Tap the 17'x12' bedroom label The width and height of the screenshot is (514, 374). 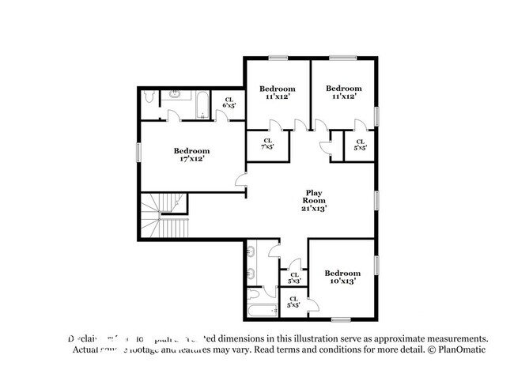click(191, 155)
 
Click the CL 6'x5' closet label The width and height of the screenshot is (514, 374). click(229, 102)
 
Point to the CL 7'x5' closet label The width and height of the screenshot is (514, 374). click(267, 143)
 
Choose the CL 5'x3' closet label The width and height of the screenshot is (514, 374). click(293, 278)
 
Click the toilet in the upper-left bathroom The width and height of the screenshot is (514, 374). click(151, 98)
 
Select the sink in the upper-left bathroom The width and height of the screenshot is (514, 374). click(176, 95)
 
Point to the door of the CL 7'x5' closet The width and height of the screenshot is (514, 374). click(272, 127)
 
